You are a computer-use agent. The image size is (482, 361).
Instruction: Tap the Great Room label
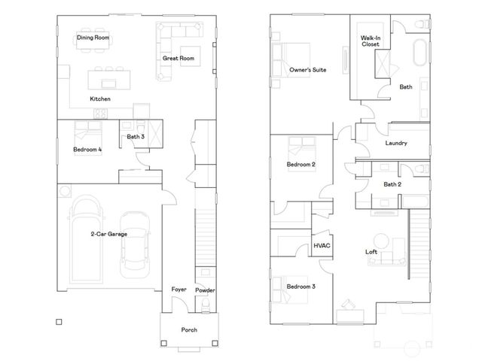click(x=178, y=58)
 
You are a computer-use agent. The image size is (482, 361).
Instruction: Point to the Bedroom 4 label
click(x=88, y=150)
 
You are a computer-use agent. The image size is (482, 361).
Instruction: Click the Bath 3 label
click(x=136, y=137)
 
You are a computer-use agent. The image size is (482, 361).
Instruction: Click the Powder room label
click(x=205, y=290)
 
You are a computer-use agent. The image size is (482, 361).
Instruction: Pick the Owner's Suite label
click(x=307, y=70)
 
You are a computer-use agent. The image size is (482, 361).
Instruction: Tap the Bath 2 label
click(x=392, y=184)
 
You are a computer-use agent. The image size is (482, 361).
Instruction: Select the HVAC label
click(x=322, y=246)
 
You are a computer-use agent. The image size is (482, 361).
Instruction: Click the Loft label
click(x=371, y=252)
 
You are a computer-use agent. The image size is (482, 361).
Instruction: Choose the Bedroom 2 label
click(x=300, y=164)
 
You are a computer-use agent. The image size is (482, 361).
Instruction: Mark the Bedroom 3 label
click(x=300, y=287)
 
